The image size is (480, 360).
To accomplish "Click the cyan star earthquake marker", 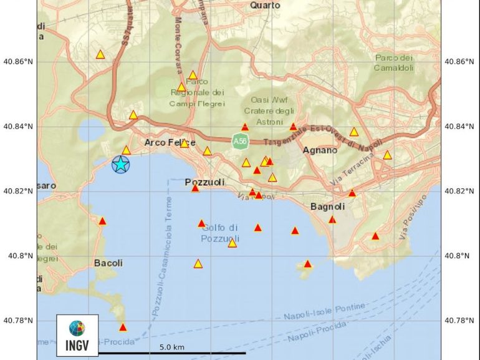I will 120,165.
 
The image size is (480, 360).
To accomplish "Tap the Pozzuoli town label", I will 203,182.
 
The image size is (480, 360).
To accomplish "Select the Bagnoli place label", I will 327,207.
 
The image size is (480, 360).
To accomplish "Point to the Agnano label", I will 320,150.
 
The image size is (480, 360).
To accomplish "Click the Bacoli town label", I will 108,263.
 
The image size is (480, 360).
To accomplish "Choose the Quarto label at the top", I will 265,5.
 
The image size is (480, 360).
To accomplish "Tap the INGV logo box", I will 77,334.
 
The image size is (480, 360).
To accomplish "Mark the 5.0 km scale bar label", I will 171,347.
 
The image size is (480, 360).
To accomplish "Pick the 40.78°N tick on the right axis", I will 459,321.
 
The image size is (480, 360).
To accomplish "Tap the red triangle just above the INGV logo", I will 123,328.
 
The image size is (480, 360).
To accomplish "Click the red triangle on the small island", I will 307,264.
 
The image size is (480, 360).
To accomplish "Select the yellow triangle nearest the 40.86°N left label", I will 100,55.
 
